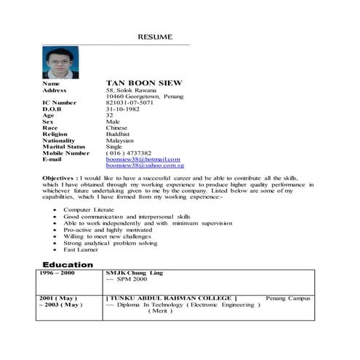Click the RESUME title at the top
tap(155, 36)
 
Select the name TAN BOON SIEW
tap(144, 83)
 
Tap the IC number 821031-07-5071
tap(129, 103)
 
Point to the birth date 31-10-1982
tap(123, 109)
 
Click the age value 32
tap(110, 115)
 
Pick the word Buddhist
tap(119, 135)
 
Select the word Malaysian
tap(120, 140)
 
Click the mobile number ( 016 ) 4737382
tap(129, 153)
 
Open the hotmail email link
tap(143, 159)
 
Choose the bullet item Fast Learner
tap(81, 249)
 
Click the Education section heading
tap(68, 265)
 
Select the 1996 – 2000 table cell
tap(57, 273)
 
